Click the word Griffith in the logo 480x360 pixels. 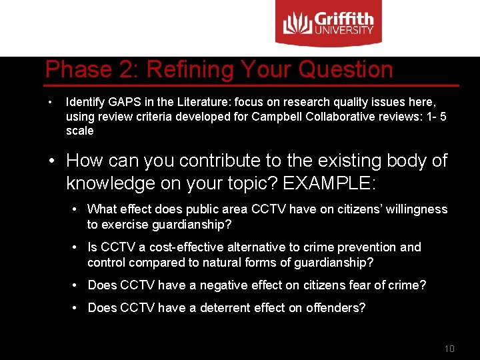pos(344,19)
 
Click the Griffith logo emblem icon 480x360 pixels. pos(297,23)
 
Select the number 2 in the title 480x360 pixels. pos(127,69)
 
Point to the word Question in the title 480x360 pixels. pos(345,70)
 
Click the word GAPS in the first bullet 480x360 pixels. pos(125,102)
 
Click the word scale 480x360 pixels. pos(80,131)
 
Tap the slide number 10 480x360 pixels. pos(449,349)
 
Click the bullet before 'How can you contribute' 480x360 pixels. pos(52,161)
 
